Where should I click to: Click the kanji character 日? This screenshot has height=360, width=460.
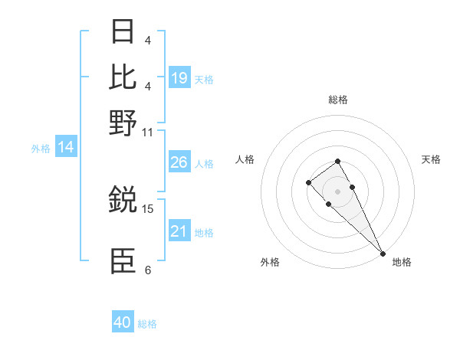point(123,31)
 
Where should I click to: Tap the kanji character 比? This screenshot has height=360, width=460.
point(123,77)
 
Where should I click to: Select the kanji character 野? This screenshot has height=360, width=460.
point(123,123)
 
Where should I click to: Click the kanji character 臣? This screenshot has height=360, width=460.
point(123,260)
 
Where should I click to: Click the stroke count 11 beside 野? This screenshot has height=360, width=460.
point(148,132)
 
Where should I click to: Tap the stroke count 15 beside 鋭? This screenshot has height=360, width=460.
point(148,208)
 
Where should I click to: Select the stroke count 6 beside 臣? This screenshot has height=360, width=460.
point(148,270)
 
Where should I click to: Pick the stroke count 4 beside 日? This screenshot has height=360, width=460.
point(148,40)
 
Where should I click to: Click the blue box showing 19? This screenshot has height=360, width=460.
point(179,77)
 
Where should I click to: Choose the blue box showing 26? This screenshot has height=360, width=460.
point(179,162)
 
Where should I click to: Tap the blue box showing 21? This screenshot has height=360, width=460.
point(179,231)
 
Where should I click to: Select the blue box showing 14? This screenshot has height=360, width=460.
point(66,148)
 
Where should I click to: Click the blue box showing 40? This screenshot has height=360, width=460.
point(123,322)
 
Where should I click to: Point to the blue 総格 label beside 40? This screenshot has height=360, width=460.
point(147,324)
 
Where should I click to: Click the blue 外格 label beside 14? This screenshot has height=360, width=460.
point(41,149)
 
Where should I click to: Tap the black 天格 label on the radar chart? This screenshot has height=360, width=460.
point(431,159)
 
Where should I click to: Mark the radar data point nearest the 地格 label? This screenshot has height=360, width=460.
point(383,254)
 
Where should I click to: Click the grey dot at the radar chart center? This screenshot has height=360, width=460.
point(337,191)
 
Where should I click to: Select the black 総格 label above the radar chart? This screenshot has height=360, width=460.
point(337,100)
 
